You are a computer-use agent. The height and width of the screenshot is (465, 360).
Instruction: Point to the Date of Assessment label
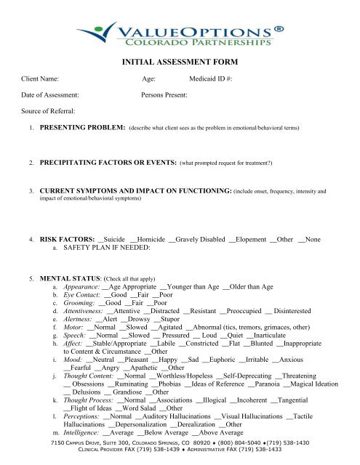pos(47,96)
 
